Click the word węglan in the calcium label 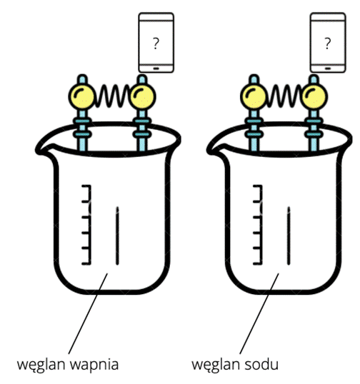[41, 365]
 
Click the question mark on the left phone [156, 44]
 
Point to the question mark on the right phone [327, 44]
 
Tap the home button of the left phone [156, 69]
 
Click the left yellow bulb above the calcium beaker [81, 96]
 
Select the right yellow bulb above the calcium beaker [142, 96]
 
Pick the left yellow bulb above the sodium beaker [254, 96]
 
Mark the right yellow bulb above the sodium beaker [314, 96]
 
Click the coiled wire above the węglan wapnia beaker [112, 96]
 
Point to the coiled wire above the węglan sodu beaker [284, 96]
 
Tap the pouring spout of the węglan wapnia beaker [41, 149]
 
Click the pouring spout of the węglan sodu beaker [213, 149]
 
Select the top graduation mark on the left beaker [86, 186]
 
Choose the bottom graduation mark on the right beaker [258, 263]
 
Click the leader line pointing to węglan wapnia [88, 313]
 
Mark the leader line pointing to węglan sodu [259, 313]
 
